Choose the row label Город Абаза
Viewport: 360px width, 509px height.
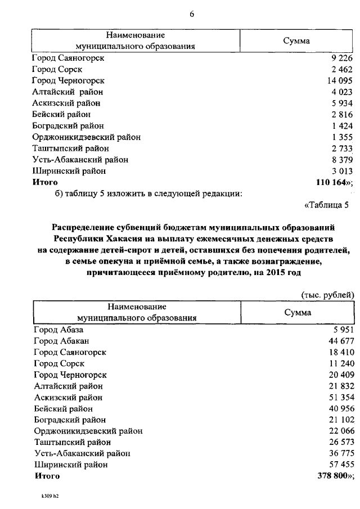pos(58,330)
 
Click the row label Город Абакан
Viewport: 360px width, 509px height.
pos(61,341)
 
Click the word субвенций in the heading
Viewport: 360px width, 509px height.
pos(152,227)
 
